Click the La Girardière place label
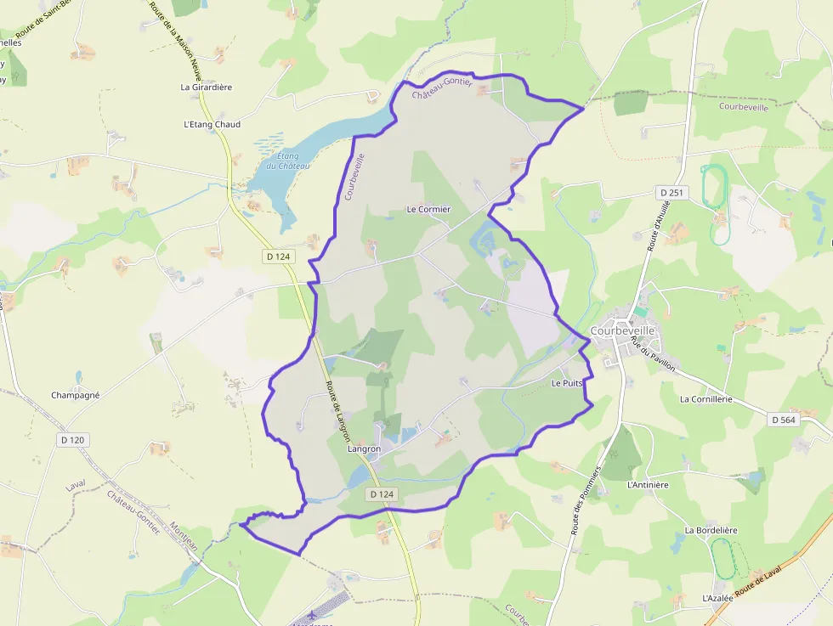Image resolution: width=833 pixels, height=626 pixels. click(206, 87)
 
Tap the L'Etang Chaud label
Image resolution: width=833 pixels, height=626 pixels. click(212, 124)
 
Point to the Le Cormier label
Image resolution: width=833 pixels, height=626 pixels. click(428, 209)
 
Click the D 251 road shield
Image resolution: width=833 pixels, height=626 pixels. click(671, 194)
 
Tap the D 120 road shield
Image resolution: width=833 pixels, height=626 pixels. click(74, 440)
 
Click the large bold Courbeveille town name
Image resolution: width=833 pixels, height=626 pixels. click(622, 330)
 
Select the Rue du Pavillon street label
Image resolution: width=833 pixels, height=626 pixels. click(653, 353)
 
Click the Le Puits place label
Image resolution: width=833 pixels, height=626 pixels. click(567, 383)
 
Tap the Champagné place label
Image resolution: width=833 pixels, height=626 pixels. click(76, 395)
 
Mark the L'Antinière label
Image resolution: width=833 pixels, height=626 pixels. click(648, 485)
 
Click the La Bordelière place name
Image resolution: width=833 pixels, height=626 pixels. click(711, 530)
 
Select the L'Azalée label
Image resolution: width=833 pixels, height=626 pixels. click(717, 598)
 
